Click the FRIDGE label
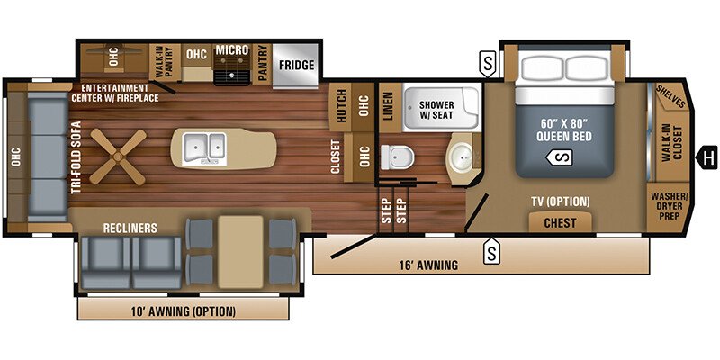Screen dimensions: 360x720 [x=295, y=66]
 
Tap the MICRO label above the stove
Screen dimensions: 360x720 [x=231, y=49]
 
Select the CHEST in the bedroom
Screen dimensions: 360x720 [x=560, y=221]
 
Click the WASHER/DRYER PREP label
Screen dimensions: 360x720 [x=669, y=209]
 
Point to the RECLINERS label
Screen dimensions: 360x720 [x=130, y=229]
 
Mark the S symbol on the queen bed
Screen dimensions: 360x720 [x=560, y=158]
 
